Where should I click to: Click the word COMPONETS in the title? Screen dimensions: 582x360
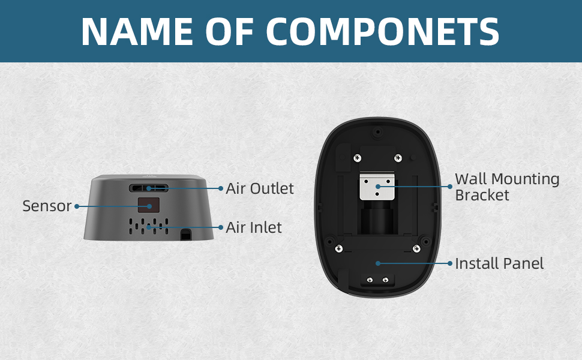click(383, 31)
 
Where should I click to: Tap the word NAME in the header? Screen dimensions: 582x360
click(137, 31)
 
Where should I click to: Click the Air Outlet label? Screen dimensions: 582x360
click(259, 188)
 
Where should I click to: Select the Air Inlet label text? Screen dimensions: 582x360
click(254, 227)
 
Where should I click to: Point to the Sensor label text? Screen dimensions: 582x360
click(47, 206)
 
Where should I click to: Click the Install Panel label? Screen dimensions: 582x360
click(499, 263)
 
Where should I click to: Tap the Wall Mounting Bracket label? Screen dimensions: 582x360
click(507, 187)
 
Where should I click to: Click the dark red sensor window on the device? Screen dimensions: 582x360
click(149, 205)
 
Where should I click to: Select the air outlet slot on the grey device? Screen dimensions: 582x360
click(149, 188)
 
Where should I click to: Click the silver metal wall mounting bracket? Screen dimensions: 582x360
click(377, 185)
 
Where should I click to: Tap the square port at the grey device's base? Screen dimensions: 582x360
click(185, 235)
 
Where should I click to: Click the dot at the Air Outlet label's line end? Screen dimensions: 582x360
click(220, 188)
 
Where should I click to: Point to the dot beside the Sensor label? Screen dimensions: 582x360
click(77, 206)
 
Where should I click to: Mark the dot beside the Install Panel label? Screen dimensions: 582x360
click(450, 263)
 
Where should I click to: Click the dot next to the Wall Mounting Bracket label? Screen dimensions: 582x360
click(450, 187)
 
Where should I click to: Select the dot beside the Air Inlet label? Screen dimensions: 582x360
click(220, 227)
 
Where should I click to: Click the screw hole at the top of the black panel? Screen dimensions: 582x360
click(378, 132)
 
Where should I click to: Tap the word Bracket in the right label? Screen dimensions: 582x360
click(482, 195)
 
